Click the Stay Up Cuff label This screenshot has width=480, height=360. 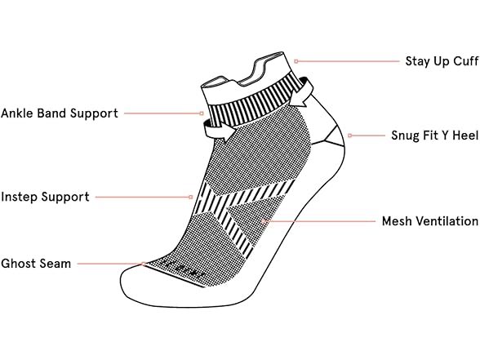click(x=442, y=61)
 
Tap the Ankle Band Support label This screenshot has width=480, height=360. click(x=60, y=113)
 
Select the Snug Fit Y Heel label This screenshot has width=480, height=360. click(x=434, y=136)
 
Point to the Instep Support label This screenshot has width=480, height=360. click(x=46, y=197)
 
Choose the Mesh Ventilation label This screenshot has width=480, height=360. click(x=430, y=221)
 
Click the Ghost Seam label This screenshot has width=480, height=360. click(x=36, y=264)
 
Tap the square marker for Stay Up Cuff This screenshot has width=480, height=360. click(x=296, y=61)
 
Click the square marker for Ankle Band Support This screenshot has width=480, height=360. click(x=202, y=113)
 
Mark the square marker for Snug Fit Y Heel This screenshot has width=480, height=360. click(x=349, y=136)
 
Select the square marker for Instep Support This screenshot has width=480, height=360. click(x=191, y=198)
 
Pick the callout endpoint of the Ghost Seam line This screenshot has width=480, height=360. click(x=144, y=264)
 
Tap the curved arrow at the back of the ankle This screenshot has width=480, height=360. click(x=301, y=91)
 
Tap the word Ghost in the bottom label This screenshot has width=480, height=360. click(x=18, y=264)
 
